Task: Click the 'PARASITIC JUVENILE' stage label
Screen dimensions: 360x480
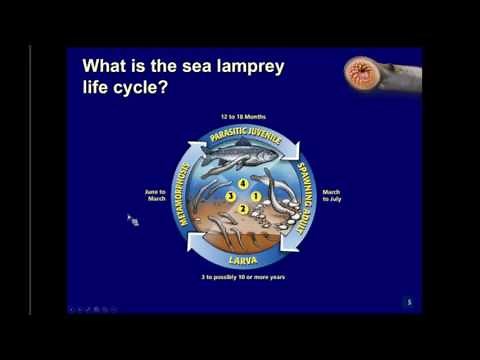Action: (x=247, y=136)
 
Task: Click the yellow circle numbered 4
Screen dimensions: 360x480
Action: (x=241, y=184)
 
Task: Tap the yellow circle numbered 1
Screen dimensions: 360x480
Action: (x=255, y=196)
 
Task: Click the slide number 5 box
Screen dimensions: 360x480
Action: (x=409, y=301)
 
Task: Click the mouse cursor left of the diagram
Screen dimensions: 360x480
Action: (x=131, y=218)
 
